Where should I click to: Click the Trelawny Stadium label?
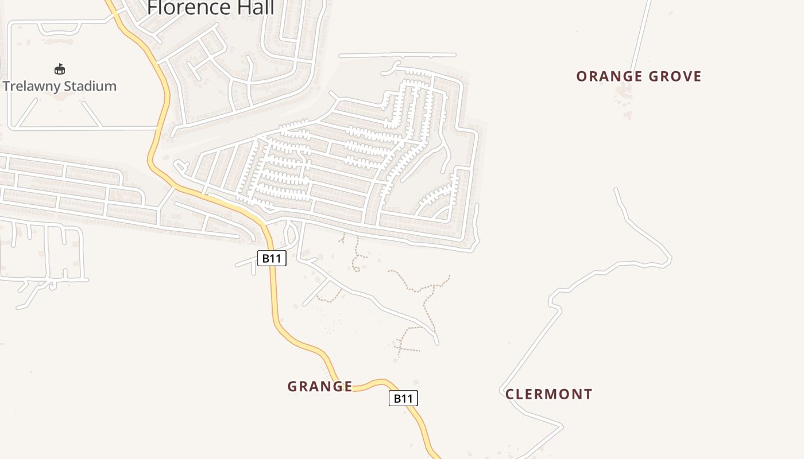60,86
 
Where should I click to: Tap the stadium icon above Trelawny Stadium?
60,69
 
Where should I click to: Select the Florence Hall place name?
211,8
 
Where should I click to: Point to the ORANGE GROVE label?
639,76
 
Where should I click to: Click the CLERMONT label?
548,394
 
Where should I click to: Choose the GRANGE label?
320,387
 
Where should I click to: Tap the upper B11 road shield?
272,258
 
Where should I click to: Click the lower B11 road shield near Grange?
403,398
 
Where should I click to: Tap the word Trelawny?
32,86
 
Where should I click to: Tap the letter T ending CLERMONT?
587,394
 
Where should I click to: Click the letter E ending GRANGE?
348,387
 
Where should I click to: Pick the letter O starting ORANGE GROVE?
581,76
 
